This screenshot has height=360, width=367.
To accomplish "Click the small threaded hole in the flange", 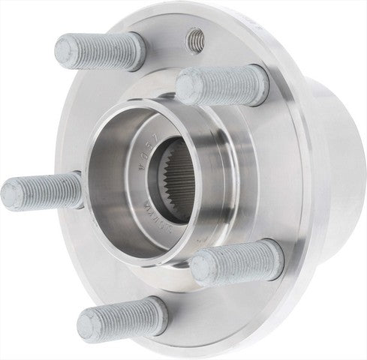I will coord(197,37).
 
